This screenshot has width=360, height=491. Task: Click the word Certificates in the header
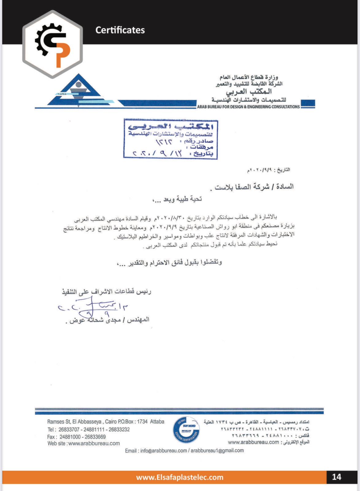point(120,30)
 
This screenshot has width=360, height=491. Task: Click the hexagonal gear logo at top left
point(52,44)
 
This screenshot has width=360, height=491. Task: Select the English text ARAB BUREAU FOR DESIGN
point(248,107)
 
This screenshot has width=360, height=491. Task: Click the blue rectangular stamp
point(170,139)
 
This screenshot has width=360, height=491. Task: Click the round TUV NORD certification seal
point(186,430)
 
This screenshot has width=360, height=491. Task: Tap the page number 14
point(336,477)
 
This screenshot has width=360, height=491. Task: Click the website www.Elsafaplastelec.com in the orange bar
point(180,477)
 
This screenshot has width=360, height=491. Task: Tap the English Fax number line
point(77,437)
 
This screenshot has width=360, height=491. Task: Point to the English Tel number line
point(88,429)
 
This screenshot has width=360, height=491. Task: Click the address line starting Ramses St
point(105,422)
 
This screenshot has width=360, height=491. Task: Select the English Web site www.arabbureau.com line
point(83,443)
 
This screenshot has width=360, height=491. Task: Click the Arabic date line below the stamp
point(269,170)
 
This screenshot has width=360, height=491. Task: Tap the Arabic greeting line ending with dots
point(177,199)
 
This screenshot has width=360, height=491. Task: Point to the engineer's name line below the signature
point(107,320)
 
